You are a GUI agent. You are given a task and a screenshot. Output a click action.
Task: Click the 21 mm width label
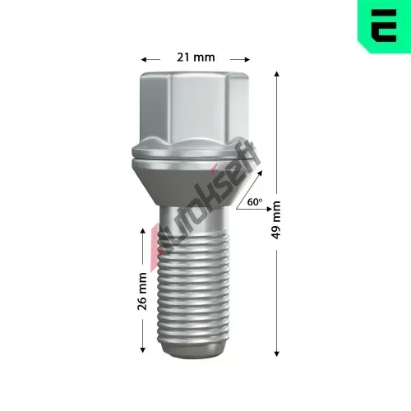(196, 58)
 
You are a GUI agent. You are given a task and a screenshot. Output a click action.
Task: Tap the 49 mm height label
(276, 219)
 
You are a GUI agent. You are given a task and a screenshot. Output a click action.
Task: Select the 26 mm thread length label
(142, 291)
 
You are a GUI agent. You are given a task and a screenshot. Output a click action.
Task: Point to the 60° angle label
(255, 202)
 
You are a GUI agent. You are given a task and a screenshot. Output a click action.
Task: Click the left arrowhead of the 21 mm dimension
(144, 59)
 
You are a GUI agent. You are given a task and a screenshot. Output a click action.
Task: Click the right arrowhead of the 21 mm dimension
(247, 59)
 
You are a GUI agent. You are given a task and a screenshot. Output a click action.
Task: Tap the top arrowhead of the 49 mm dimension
(277, 73)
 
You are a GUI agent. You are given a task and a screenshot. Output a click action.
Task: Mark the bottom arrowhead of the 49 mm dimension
(277, 353)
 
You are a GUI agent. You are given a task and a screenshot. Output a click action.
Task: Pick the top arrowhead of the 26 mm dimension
(142, 231)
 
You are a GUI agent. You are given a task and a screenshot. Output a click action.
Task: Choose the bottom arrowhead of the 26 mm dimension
(142, 349)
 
